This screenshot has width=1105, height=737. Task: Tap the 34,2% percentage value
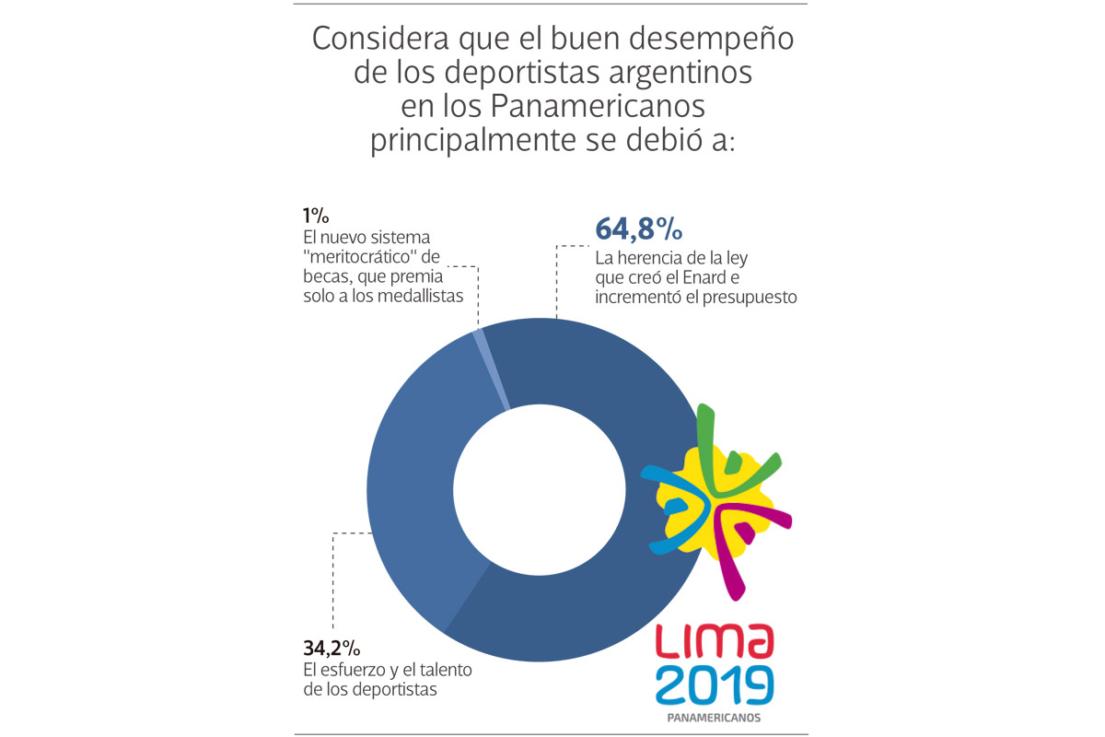(x=331, y=648)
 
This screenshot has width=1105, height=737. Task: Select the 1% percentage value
(x=316, y=216)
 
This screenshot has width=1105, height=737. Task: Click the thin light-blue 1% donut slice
(x=492, y=368)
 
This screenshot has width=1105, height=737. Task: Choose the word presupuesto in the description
(x=753, y=298)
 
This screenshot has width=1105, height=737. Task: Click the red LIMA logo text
(x=715, y=641)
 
